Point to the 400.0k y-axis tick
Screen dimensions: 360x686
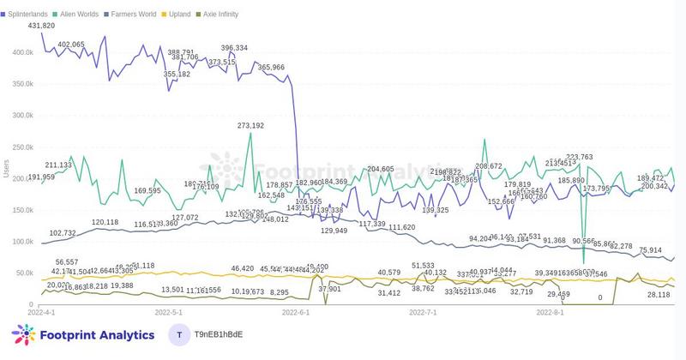(16, 52)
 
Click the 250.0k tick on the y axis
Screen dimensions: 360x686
(16, 147)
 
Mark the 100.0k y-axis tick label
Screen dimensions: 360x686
(16, 242)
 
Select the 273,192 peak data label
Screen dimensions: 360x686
(250, 125)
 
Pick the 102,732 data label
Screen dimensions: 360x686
(63, 233)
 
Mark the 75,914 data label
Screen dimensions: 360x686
(651, 250)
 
